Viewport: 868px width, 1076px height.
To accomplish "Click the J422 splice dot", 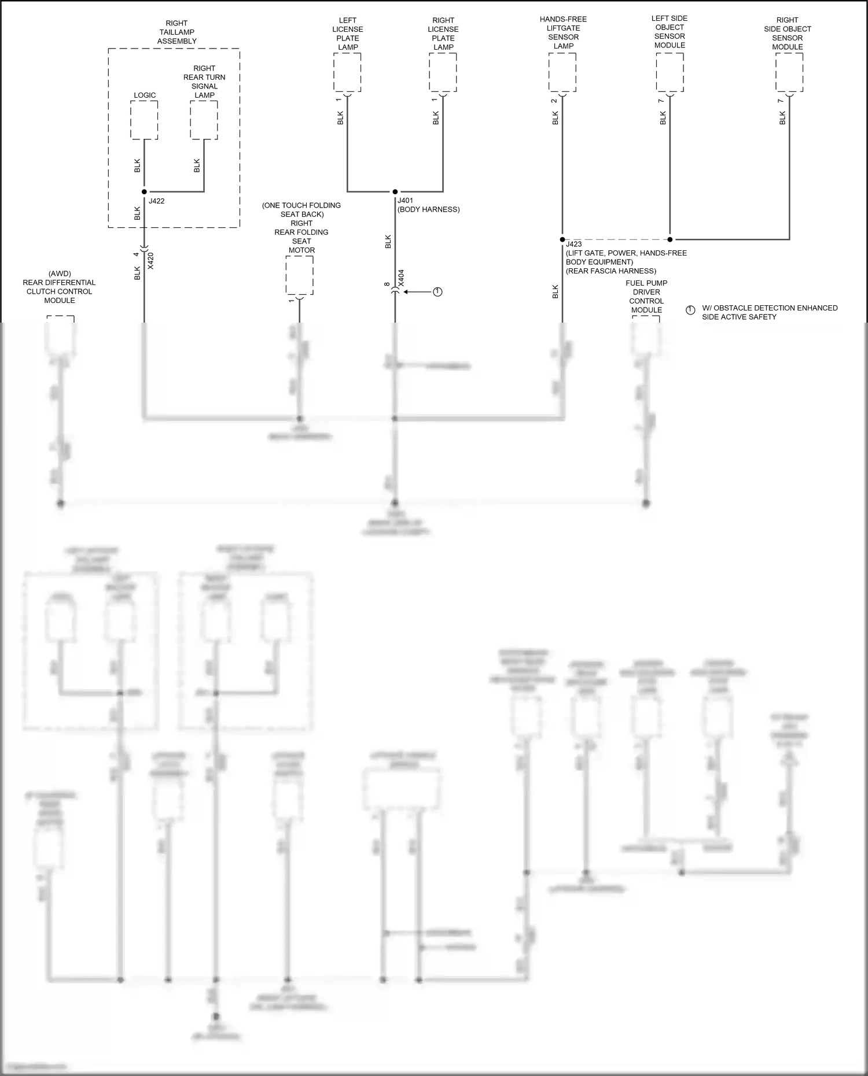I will pyautogui.click(x=144, y=191).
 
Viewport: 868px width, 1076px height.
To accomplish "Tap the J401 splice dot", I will pyautogui.click(x=395, y=191).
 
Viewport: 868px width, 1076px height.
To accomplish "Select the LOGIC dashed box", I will pyautogui.click(x=144, y=120).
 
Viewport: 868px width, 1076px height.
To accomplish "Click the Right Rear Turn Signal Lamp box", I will pyautogui.click(x=204, y=120).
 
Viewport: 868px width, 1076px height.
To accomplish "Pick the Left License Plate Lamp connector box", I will pyautogui.click(x=347, y=72).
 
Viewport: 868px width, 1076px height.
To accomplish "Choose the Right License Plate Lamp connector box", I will pyautogui.click(x=443, y=72).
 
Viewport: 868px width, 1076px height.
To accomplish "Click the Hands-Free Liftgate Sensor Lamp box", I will pyautogui.click(x=562, y=72).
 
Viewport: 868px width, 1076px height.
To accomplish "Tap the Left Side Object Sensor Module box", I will pyautogui.click(x=670, y=72).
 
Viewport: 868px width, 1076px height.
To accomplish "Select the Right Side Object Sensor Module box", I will pyautogui.click(x=789, y=72).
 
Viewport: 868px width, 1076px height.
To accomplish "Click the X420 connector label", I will pyautogui.click(x=151, y=261).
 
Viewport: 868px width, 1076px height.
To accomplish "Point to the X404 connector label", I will pyautogui.click(x=402, y=278).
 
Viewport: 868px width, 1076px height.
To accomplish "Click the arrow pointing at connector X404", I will pyautogui.click(x=417, y=292).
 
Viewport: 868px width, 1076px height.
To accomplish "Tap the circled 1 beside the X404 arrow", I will pyautogui.click(x=437, y=292).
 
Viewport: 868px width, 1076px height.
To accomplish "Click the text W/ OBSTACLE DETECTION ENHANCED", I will pyautogui.click(x=770, y=308).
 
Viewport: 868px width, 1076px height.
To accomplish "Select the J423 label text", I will pyautogui.click(x=574, y=245).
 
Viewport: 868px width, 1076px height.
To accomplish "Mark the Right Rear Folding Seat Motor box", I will pyautogui.click(x=299, y=275).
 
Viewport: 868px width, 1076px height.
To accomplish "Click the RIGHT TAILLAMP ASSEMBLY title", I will pyautogui.click(x=176, y=32).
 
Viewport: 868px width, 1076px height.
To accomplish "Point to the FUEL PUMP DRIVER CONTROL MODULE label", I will pyautogui.click(x=646, y=297).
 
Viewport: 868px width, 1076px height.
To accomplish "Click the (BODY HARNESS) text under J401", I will pyautogui.click(x=429, y=209).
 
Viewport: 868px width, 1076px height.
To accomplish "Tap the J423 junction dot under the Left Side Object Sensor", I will pyautogui.click(x=670, y=239).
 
